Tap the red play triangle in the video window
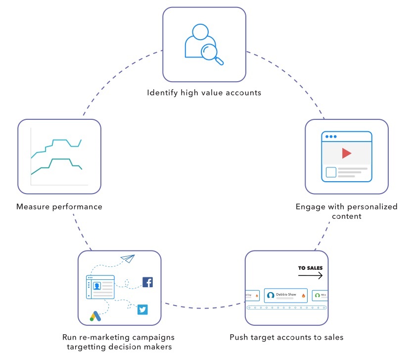point(346,154)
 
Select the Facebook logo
point(147,282)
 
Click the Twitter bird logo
point(143,310)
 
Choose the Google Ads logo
point(95,316)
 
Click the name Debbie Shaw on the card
point(286,295)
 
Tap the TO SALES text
point(310,268)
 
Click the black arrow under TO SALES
point(310,276)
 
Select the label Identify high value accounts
point(204,93)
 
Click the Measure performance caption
point(59,206)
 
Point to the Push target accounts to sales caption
point(286,337)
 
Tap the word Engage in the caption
point(310,206)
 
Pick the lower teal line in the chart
point(59,160)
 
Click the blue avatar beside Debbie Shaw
point(271,296)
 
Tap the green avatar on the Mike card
point(317,296)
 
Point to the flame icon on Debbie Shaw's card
point(301,296)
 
